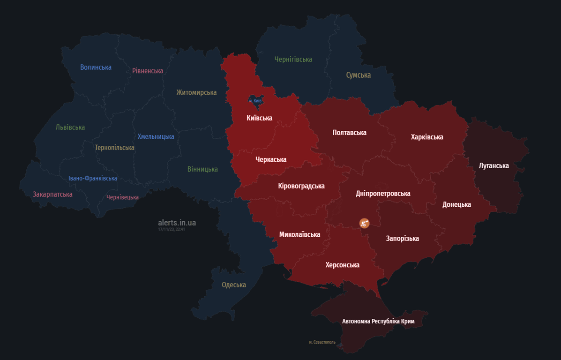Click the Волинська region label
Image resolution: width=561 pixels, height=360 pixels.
click(96, 67)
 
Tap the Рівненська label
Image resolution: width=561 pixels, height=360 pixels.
click(148, 71)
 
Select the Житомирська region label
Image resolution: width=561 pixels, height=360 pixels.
click(196, 92)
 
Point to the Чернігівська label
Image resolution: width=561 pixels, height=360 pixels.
click(293, 59)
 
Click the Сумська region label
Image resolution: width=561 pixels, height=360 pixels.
click(358, 75)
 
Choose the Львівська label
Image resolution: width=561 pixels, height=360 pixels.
click(70, 127)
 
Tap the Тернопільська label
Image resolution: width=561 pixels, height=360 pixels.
click(114, 147)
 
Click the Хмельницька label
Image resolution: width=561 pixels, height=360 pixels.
click(156, 136)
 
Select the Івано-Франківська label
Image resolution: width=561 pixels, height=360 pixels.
click(93, 178)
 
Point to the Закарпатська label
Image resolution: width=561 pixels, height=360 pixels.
click(52, 194)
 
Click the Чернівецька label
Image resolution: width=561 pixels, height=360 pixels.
click(122, 197)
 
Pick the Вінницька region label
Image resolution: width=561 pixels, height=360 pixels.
click(202, 169)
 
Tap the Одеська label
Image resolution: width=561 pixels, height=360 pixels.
click(234, 285)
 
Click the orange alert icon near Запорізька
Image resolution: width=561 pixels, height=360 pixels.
click(364, 223)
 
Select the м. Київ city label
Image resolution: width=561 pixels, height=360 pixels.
click(255, 101)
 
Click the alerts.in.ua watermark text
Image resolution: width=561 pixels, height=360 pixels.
click(177, 223)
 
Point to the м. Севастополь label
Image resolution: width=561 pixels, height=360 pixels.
click(322, 342)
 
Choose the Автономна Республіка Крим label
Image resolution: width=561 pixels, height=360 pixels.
click(378, 321)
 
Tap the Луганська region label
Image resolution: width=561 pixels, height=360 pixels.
click(494, 165)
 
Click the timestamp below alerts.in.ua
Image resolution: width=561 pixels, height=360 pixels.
click(171, 229)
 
